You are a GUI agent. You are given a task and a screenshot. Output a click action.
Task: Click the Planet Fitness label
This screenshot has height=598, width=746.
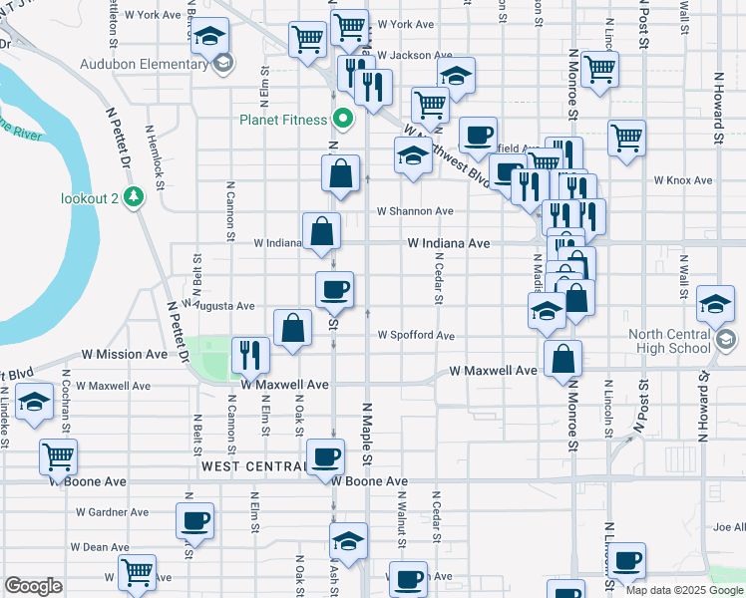[x=283, y=121]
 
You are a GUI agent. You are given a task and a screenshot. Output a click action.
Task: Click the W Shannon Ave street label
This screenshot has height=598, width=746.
[x=415, y=211]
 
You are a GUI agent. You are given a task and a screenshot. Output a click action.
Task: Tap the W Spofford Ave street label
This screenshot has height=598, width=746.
[x=416, y=336]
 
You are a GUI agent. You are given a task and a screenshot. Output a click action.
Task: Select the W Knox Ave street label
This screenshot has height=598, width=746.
[x=683, y=180]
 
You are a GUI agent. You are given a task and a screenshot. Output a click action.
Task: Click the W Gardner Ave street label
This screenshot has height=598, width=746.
[x=112, y=512]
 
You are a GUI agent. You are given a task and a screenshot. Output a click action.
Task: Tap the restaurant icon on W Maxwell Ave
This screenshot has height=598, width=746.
[x=250, y=354]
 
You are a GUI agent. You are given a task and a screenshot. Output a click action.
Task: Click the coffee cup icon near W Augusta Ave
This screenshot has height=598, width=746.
[x=334, y=289]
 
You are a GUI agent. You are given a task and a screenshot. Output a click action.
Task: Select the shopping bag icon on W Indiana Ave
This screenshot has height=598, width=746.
[x=322, y=231]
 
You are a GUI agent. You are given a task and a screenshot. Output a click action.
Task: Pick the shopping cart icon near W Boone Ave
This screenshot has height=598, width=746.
[x=58, y=457]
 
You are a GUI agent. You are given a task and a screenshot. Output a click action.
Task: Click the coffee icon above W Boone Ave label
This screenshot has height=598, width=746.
[x=325, y=457]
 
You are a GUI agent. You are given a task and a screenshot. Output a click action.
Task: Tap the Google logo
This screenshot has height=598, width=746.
[x=33, y=586]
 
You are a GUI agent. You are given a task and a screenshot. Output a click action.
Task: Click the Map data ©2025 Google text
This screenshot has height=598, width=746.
[x=683, y=590]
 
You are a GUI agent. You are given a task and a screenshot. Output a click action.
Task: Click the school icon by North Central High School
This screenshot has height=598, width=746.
[x=716, y=305]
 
